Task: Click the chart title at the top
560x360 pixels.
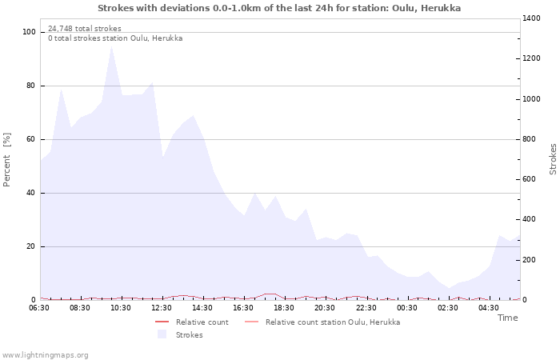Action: [x=279, y=8]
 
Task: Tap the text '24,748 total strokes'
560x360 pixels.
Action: [x=85, y=29]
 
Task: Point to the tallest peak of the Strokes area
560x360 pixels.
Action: [x=112, y=46]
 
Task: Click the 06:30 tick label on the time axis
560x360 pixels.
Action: [x=39, y=308]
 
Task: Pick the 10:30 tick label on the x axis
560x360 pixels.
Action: [x=122, y=308]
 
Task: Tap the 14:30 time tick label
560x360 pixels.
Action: [x=203, y=308]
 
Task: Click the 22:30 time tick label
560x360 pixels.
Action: [x=366, y=308]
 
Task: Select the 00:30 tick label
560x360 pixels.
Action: [x=407, y=308]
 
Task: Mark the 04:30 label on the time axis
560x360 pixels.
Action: [x=489, y=308]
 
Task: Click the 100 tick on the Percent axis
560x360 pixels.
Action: [x=30, y=32]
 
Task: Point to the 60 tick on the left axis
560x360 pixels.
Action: [x=32, y=139]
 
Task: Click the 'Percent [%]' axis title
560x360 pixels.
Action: [x=7, y=160]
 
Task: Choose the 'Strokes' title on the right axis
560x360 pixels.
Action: [x=553, y=159]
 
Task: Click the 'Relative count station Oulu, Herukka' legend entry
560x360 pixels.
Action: [x=332, y=322]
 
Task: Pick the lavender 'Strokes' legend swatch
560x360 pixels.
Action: [x=162, y=334]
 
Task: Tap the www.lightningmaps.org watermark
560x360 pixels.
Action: [x=46, y=354]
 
